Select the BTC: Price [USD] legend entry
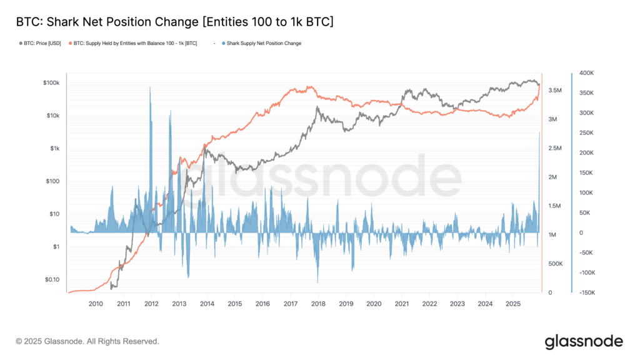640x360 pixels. [42, 43]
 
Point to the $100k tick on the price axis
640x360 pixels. [51, 83]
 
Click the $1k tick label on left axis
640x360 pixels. [54, 149]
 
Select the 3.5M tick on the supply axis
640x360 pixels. [556, 91]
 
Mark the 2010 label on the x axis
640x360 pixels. [96, 304]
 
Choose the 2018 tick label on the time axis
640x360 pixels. [318, 304]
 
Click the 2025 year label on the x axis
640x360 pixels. [513, 304]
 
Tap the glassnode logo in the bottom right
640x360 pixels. [583, 341]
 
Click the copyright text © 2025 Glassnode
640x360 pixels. [87, 341]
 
